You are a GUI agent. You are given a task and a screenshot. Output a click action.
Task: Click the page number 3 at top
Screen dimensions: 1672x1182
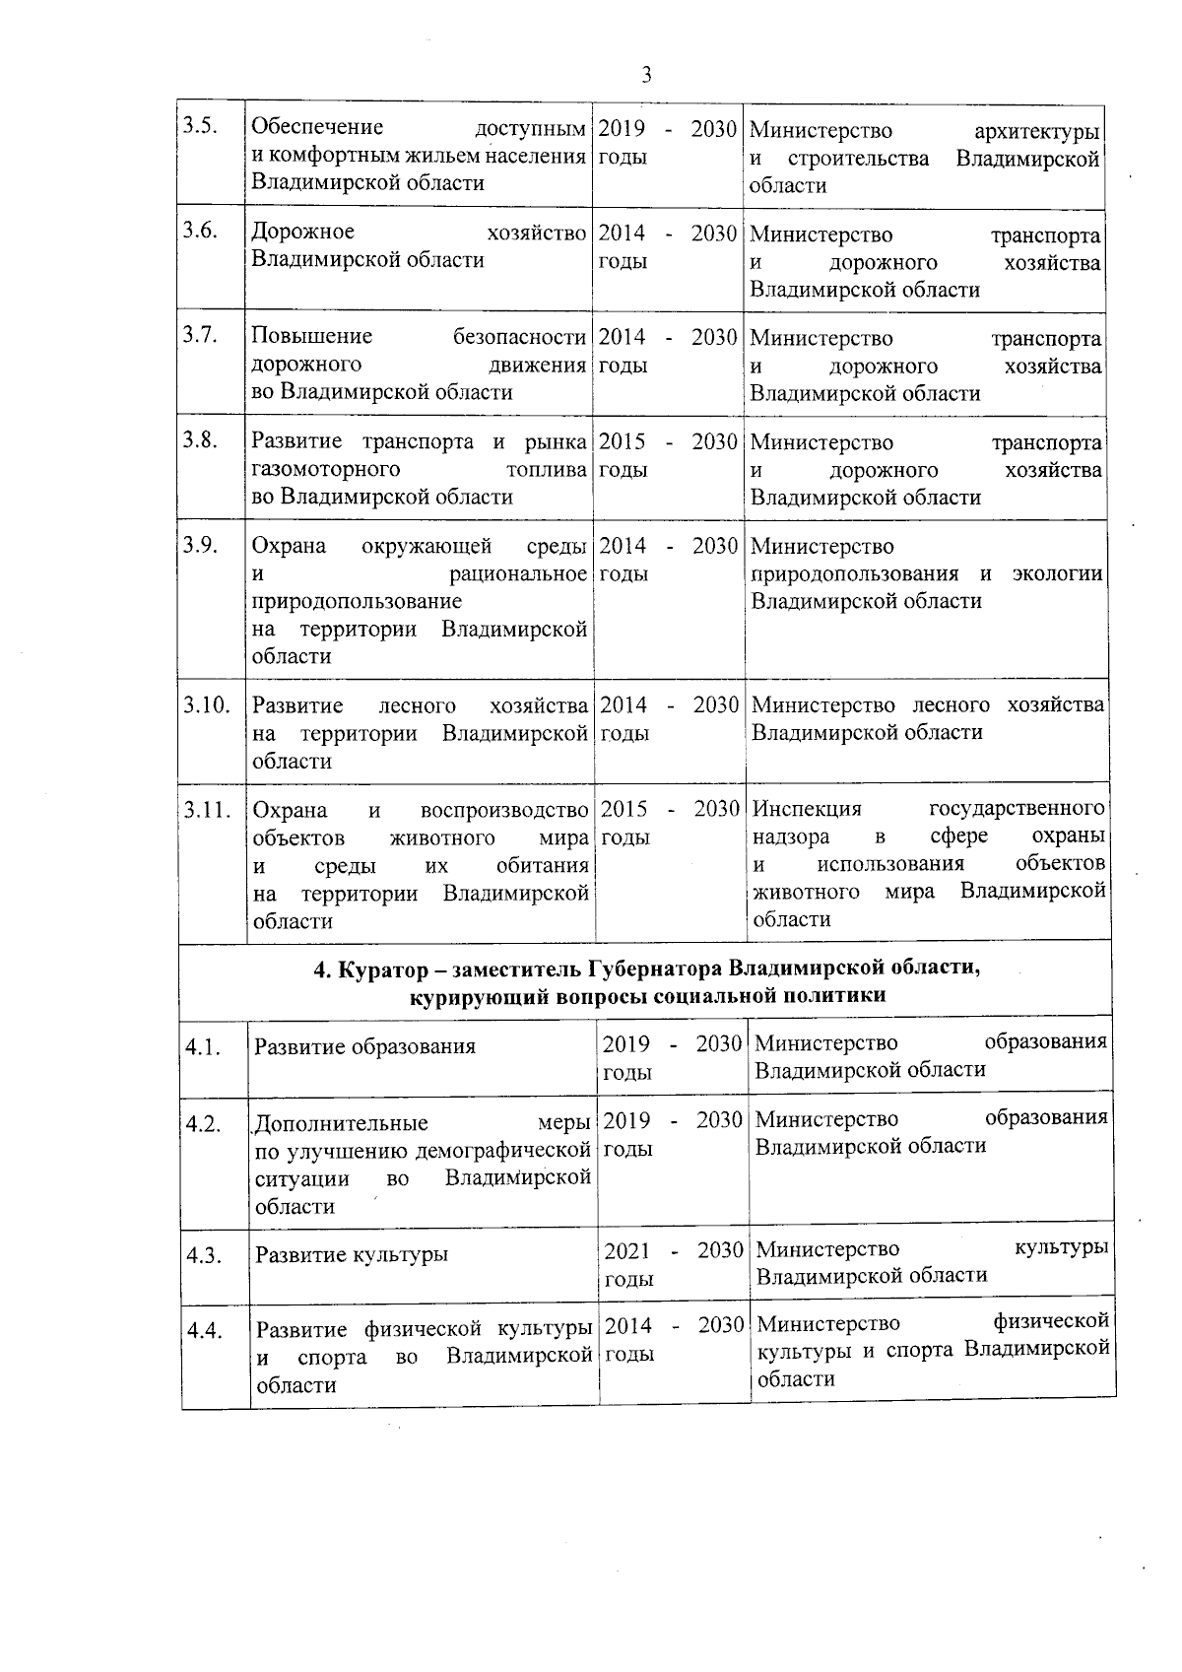pos(646,75)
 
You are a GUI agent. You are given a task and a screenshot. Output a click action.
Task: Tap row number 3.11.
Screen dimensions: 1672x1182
pos(207,810)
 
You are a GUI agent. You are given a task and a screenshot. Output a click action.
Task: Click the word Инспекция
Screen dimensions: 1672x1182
pos(807,809)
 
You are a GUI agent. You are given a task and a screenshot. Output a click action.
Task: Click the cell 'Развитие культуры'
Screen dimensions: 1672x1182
pos(352,1254)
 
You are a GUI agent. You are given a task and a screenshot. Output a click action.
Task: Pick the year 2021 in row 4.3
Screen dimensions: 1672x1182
pos(626,1251)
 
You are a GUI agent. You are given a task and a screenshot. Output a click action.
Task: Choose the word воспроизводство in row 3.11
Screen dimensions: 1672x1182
pos(503,810)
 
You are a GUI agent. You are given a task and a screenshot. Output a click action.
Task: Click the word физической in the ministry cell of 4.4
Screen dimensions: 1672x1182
pos(1052,1321)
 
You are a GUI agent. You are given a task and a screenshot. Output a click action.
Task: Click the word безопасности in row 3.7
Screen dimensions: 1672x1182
pos(519,337)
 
